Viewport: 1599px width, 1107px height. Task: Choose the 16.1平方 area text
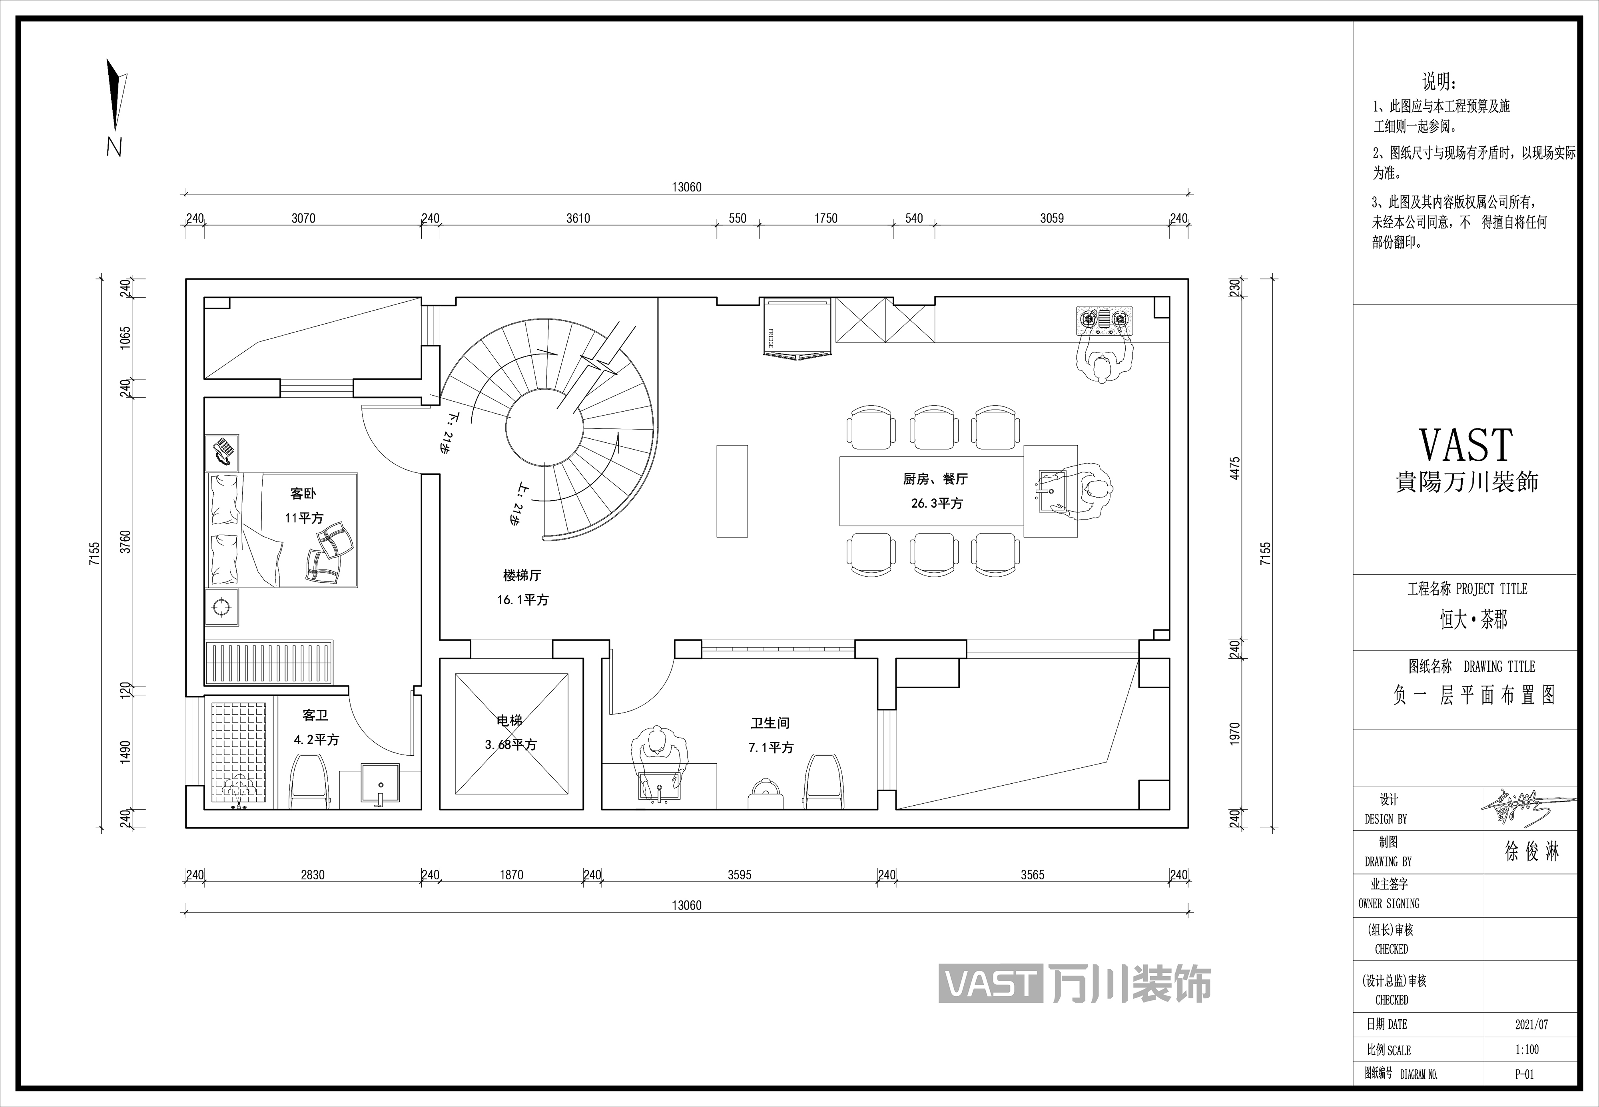coord(522,600)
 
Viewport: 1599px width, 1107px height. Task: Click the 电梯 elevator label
coord(509,721)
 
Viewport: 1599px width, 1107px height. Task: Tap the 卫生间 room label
coord(770,723)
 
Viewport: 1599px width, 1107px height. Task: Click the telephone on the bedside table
coord(222,453)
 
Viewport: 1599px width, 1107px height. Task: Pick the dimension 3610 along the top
coord(578,219)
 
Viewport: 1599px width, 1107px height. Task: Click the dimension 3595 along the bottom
coord(740,875)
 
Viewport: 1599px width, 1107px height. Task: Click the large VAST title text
coord(1466,445)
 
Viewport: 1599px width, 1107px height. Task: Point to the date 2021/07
coord(1532,1024)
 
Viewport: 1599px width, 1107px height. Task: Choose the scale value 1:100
coord(1527,1049)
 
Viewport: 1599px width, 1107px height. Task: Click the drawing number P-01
coord(1525,1074)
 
